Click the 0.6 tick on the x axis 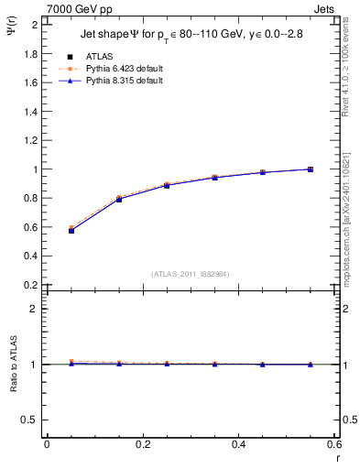pos(335,444)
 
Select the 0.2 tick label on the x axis pos(143,444)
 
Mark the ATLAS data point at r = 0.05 pos(71,231)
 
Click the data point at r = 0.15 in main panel pos(119,199)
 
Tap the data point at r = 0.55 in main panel pos(311,169)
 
